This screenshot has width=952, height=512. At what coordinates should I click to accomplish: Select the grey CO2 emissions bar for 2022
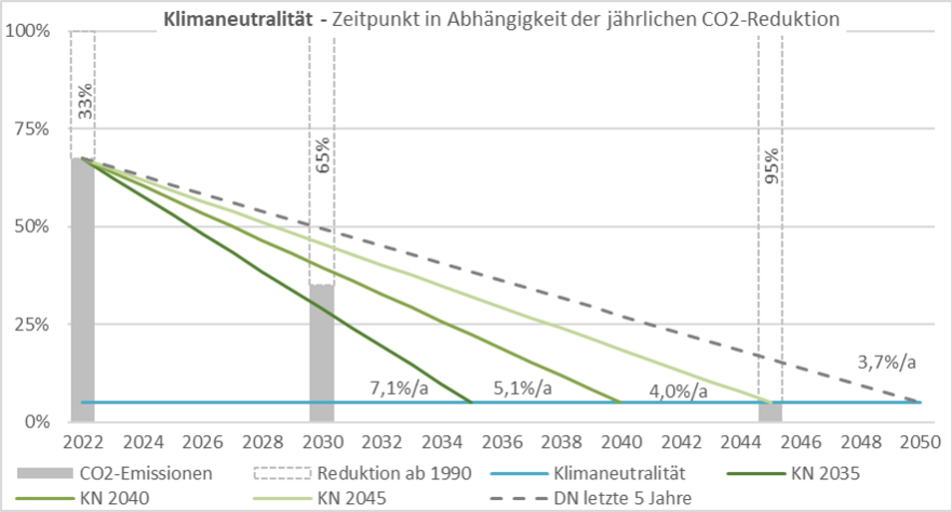point(83,289)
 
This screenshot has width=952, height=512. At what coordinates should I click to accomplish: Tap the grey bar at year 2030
point(322,353)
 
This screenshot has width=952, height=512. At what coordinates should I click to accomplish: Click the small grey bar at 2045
point(770,411)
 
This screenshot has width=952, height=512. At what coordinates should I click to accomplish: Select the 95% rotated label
point(772,166)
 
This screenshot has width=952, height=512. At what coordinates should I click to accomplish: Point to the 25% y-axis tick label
point(32,324)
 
